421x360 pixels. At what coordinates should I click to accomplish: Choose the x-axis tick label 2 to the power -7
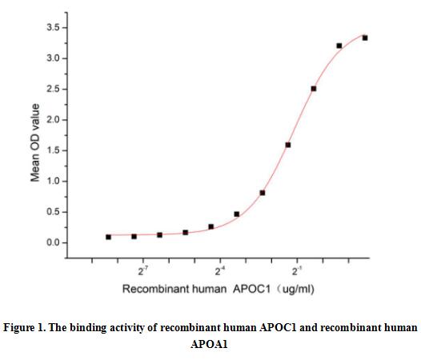click(x=142, y=271)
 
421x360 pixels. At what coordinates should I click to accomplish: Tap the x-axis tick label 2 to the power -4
click(x=219, y=271)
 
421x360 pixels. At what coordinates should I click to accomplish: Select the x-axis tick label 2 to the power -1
click(x=297, y=271)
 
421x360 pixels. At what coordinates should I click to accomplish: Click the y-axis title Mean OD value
click(x=35, y=141)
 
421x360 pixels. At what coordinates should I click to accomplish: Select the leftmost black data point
click(x=109, y=237)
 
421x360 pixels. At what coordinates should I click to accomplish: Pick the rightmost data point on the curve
click(x=365, y=38)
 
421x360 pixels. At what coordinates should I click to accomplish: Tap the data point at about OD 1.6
click(x=288, y=145)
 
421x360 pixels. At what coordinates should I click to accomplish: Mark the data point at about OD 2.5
click(x=314, y=89)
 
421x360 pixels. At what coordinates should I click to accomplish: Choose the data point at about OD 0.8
click(x=263, y=193)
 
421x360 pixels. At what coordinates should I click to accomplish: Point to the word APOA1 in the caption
click(x=210, y=345)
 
